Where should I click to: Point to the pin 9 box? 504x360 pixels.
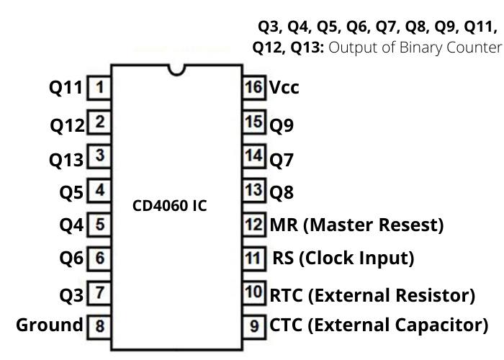click(253, 325)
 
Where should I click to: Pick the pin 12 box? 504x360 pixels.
click(253, 225)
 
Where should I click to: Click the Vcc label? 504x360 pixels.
click(284, 88)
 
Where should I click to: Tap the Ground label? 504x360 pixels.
click(49, 325)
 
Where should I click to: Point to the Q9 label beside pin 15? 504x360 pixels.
click(282, 125)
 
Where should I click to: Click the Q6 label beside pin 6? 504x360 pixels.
click(72, 258)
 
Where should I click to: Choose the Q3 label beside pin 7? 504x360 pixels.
click(72, 294)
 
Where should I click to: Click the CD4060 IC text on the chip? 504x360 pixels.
click(169, 205)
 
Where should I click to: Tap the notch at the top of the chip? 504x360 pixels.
click(176, 69)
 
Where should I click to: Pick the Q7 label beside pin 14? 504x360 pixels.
click(282, 159)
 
